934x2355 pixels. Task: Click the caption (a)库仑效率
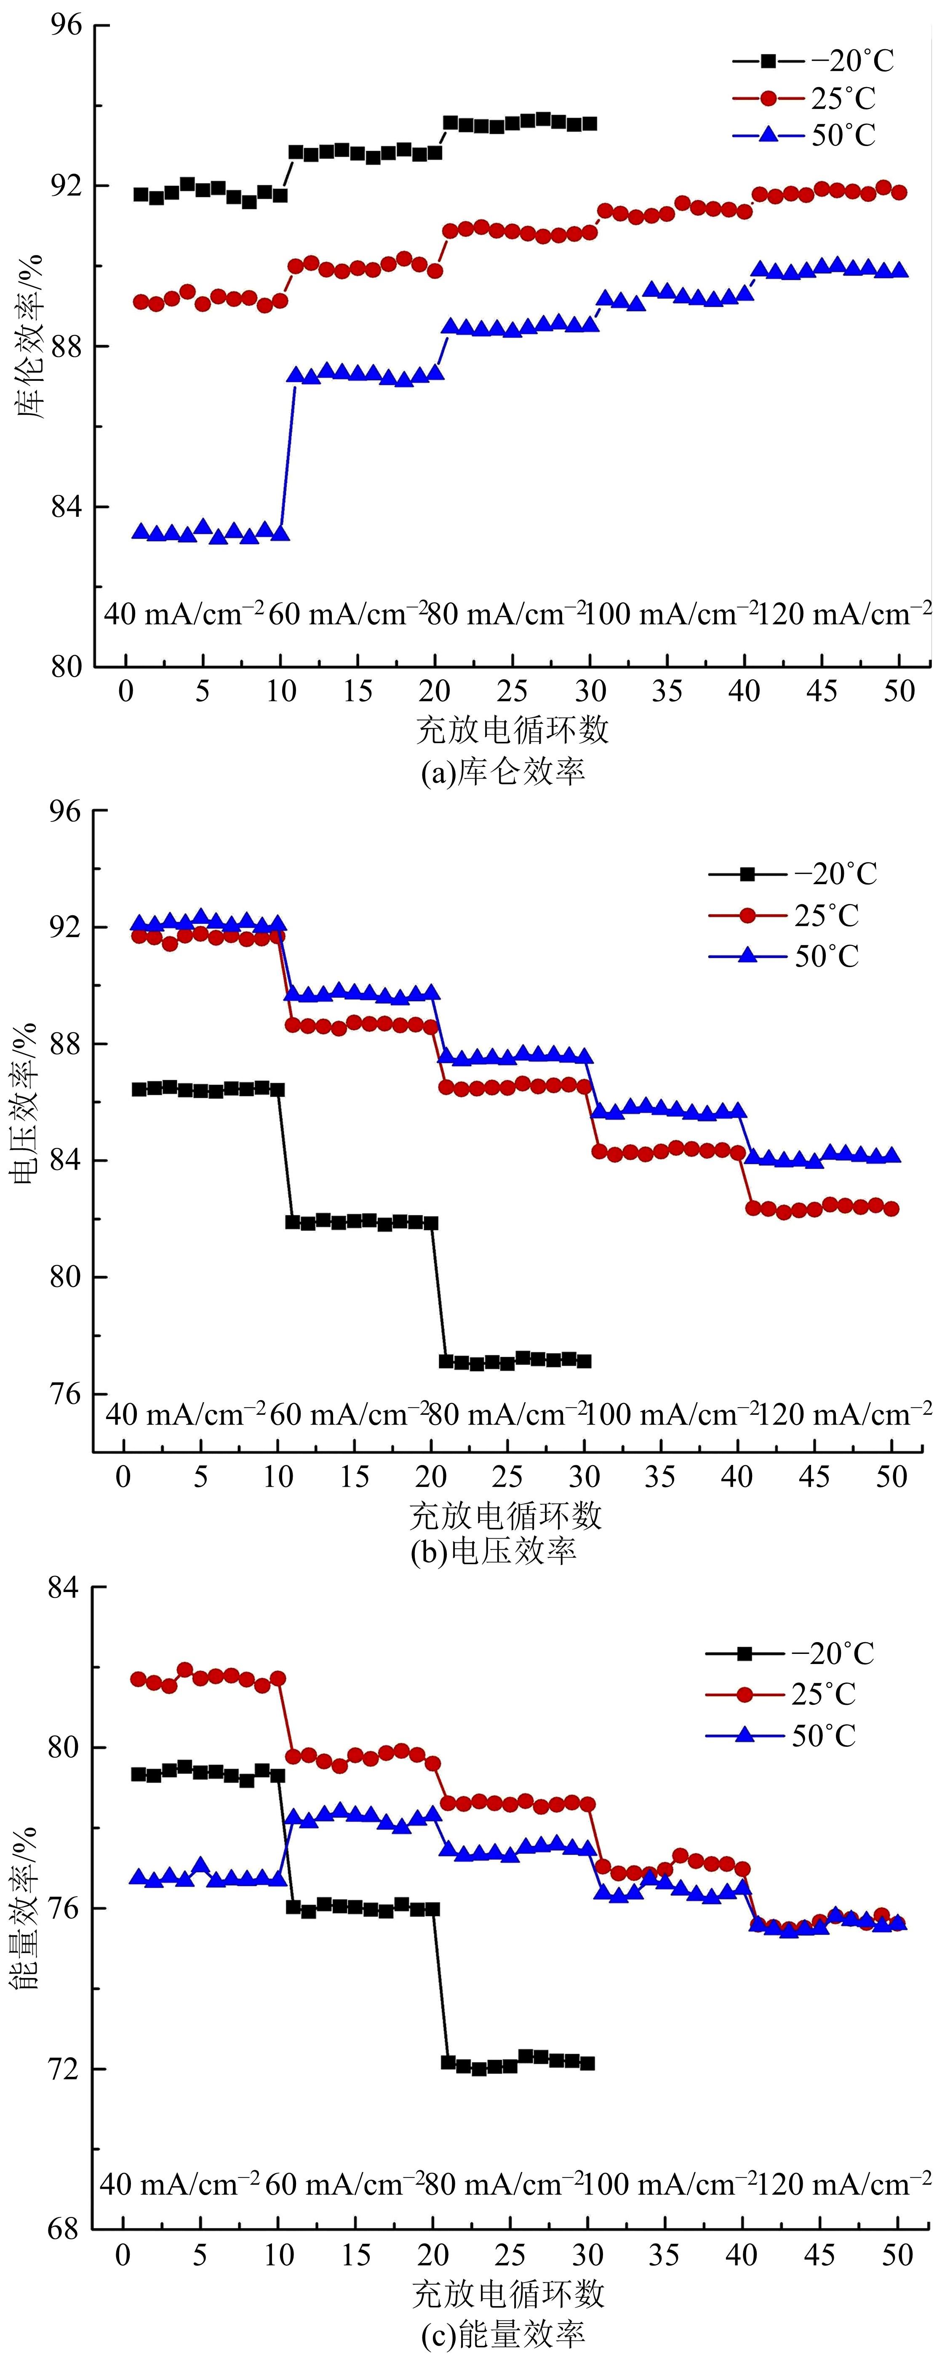click(x=502, y=773)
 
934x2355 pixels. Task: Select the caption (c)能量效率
click(x=502, y=2334)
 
